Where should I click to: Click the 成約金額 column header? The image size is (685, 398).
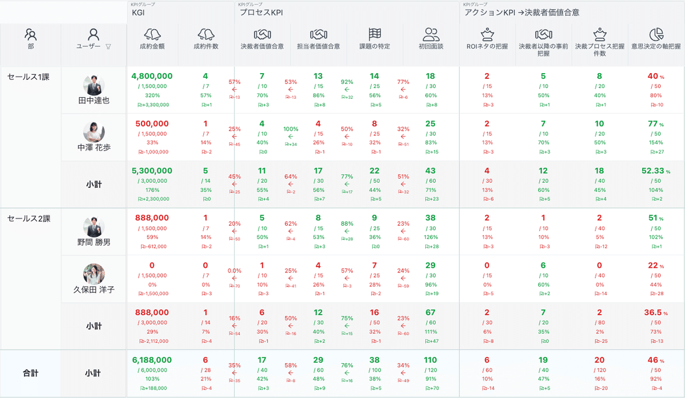coord(152,46)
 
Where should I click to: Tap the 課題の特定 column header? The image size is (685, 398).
coord(375,46)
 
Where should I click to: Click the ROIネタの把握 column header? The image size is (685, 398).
coord(487,46)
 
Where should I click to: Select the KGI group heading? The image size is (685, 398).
coord(138,12)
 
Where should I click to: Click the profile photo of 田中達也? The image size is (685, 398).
coord(94,85)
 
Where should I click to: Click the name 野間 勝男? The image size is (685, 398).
coord(94,242)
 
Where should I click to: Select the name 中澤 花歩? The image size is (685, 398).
coord(94,147)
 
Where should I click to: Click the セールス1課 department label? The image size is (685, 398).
coord(28,77)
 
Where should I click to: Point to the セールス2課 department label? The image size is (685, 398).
coord(28,219)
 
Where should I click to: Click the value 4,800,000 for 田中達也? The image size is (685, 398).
coord(152,76)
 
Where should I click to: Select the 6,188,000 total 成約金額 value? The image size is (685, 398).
coord(152,360)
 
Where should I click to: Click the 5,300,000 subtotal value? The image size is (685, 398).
coord(152,171)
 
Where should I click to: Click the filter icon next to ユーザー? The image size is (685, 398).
coord(108,46)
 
